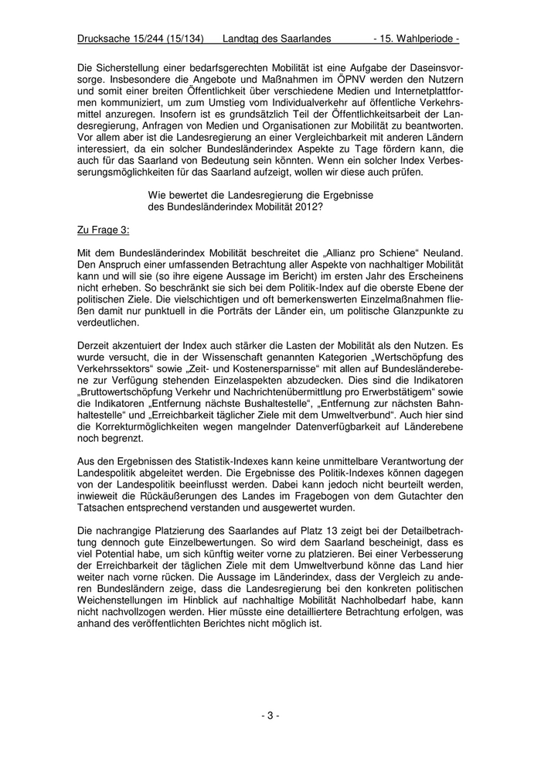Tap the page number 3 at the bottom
[270, 715]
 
